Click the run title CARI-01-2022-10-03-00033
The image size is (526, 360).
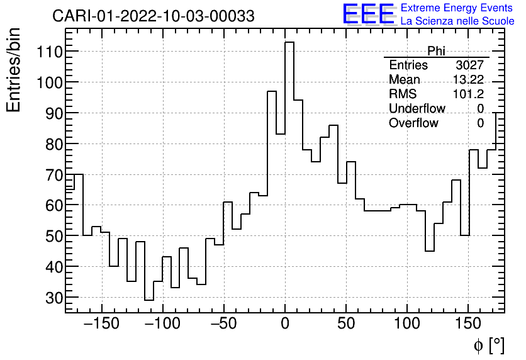pos(154,16)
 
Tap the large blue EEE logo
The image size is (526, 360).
pos(368,14)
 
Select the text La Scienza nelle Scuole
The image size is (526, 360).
pos(457,21)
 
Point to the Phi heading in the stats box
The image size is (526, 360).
pos(436,51)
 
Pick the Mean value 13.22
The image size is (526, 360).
pos(468,80)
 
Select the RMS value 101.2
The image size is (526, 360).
pos(468,94)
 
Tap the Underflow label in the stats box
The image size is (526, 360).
pos(417,109)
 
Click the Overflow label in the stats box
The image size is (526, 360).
pos(413,123)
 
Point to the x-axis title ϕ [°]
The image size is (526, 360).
pos(488,345)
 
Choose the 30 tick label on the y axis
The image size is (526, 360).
pos(48,298)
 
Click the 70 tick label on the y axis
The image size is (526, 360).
pos(48,175)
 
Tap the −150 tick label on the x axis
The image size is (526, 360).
pos(101,325)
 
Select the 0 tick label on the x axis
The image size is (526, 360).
pos(285,325)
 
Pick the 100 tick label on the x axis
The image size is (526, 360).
pos(408,325)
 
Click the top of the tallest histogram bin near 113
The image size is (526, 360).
pos(289,42)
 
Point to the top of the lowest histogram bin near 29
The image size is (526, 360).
pos(148,300)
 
